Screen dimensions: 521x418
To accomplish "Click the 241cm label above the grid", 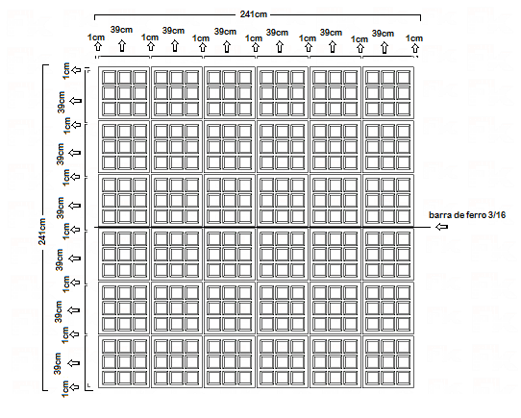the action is [253, 14].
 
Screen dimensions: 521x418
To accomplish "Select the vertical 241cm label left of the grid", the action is [42, 232].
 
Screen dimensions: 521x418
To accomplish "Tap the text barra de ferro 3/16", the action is [467, 215].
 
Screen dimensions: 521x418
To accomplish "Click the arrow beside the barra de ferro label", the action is [441, 227].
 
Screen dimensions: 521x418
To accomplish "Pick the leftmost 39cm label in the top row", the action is [122, 30].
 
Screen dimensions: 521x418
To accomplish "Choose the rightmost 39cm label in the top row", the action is [383, 34].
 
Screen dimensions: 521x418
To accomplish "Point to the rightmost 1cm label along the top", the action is [414, 38].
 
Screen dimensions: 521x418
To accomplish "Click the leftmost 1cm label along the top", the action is [96, 37].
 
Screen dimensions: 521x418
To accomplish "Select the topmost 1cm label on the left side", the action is [66, 71].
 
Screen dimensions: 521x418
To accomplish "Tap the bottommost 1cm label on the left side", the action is [65, 389].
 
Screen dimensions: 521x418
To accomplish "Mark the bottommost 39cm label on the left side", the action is [58, 363].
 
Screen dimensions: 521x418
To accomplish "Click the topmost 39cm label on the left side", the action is [62, 102].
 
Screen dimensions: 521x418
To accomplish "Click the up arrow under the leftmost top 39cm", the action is [122, 46].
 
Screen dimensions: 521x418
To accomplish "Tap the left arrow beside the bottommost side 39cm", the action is [74, 363].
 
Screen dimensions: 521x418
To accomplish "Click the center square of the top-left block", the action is [124, 93].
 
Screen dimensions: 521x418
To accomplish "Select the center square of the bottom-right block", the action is [387, 362].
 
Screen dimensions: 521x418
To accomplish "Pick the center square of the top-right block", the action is [387, 93].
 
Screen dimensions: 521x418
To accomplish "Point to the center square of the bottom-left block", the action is [124, 362].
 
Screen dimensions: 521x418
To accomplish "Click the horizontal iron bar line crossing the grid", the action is [262, 228].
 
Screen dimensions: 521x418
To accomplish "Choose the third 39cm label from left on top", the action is [225, 32].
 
